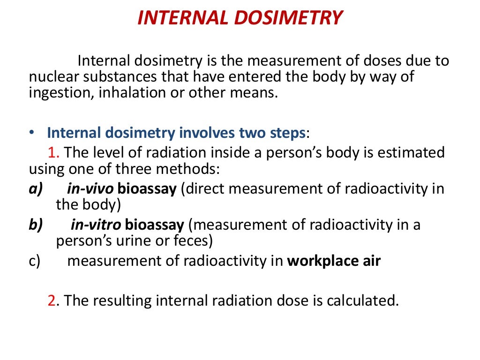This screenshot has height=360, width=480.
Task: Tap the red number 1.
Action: pos(52,152)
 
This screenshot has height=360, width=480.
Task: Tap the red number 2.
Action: pos(52,300)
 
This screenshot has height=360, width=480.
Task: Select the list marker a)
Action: pos(36,189)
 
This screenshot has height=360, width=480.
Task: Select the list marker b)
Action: pos(36,225)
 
